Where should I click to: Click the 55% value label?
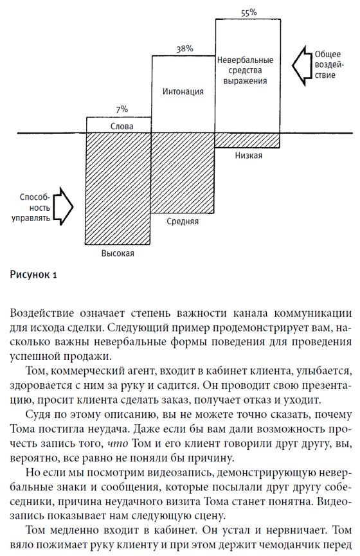click(x=248, y=12)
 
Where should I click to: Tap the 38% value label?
click(x=183, y=49)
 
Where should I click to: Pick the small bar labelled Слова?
click(x=119, y=125)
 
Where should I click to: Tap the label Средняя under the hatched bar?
click(x=183, y=220)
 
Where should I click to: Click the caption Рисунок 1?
click(x=34, y=275)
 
